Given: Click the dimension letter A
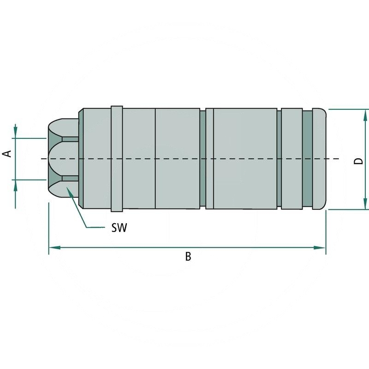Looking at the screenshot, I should click(7, 153).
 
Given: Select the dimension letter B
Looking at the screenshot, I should click(188, 257).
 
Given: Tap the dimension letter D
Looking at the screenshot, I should click(358, 161).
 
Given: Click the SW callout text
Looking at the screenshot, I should click(119, 227).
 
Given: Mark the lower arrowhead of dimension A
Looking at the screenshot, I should click(16, 184).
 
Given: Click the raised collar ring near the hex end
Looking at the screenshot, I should click(116, 159).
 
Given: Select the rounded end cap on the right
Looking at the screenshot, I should click(320, 159).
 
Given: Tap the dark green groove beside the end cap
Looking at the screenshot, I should click(308, 159).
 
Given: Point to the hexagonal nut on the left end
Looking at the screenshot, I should click(63, 159).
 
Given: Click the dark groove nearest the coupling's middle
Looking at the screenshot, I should click(202, 159).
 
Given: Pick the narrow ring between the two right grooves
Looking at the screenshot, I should click(292, 159).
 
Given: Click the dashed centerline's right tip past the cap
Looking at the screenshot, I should click(338, 159).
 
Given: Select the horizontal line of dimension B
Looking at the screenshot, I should click(138, 248).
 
